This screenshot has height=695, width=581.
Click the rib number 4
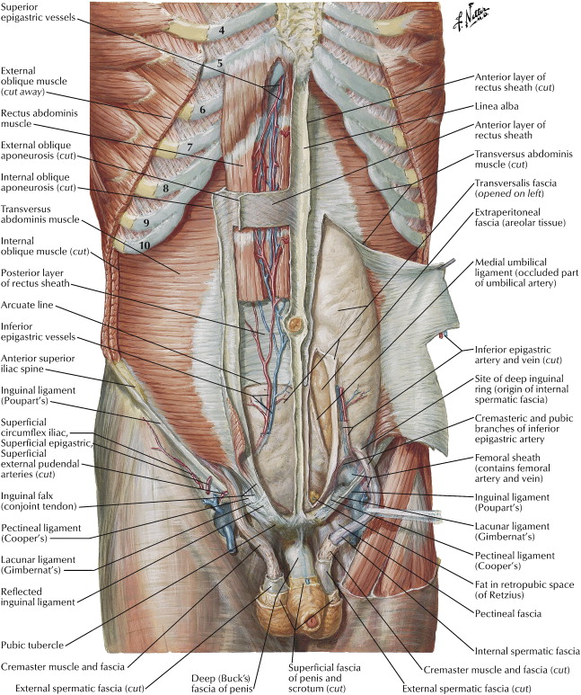pos(221,31)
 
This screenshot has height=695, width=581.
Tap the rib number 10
pos(145,244)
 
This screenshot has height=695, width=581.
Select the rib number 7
pos(189,147)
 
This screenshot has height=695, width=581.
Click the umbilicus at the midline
pos(293,323)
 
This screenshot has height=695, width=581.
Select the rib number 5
pos(219,64)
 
